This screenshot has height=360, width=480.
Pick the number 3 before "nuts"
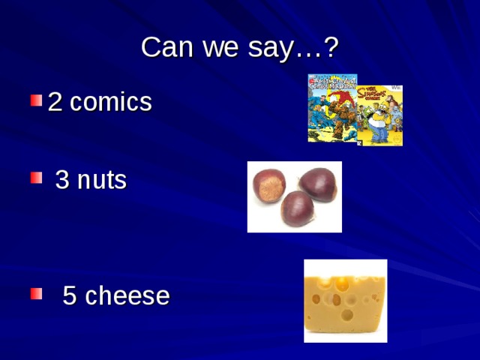(x=63, y=181)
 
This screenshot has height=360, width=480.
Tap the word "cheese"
(x=127, y=296)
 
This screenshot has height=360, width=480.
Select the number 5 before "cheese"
(x=70, y=296)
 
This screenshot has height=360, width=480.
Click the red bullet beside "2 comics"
(x=35, y=100)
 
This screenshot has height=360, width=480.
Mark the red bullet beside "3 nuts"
(x=35, y=178)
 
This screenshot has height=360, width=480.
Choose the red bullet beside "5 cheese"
(x=35, y=293)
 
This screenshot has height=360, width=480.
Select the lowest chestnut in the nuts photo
(x=297, y=208)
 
